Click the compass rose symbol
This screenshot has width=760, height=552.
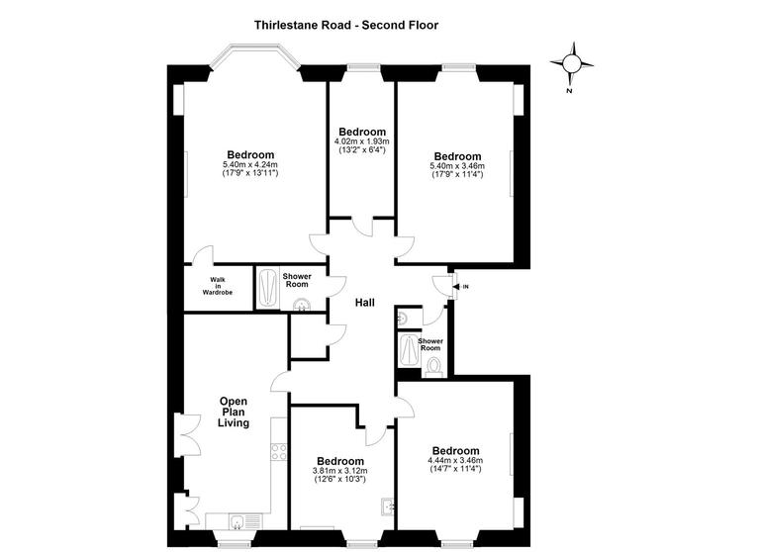coord(571,65)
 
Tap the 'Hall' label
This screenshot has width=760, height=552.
coord(364,304)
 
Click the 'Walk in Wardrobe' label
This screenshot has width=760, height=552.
coord(218,287)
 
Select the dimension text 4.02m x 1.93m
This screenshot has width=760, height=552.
coord(361,141)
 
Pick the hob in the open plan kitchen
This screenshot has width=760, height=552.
coord(279,455)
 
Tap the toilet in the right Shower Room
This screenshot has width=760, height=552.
coord(432,366)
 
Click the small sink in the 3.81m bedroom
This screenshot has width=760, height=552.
coord(387,507)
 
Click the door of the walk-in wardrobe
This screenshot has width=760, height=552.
coord(203,255)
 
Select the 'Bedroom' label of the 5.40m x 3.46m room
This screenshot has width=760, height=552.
coord(457,156)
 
